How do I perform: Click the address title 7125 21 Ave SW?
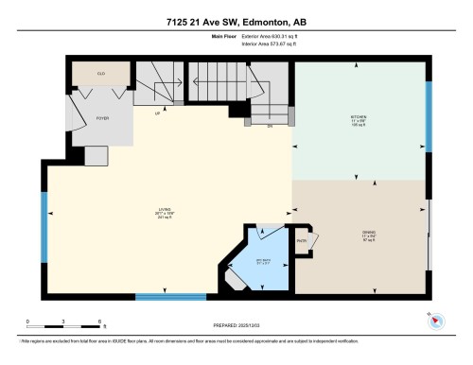click(x=236, y=22)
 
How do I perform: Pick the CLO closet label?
click(x=101, y=71)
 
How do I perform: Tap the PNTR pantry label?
click(x=302, y=241)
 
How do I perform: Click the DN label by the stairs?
click(x=269, y=124)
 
